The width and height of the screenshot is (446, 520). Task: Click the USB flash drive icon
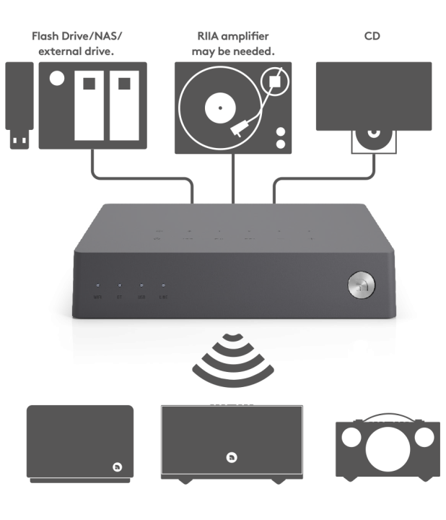coord(19,105)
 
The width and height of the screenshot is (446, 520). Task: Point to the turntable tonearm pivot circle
coord(272,81)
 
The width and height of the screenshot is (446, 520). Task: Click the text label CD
coord(373,35)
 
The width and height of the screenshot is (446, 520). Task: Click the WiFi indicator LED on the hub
coord(98,286)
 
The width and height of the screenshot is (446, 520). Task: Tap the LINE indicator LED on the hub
coord(163,286)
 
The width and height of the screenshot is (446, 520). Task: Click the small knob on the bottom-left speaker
coord(116,465)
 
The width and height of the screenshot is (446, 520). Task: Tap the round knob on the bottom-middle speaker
coord(230,456)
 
